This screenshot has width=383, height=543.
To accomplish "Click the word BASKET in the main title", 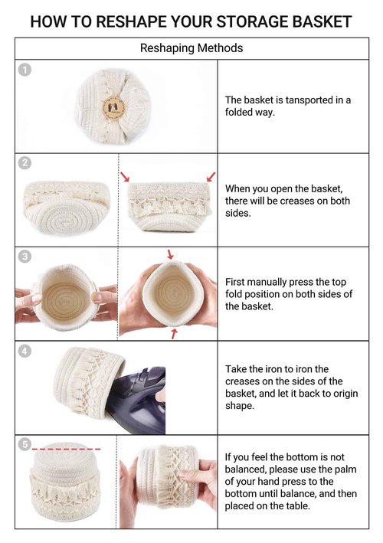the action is tap(322, 21).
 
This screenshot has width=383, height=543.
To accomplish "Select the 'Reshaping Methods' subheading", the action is tap(191, 47).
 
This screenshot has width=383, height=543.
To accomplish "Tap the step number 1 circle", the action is tap(25, 70).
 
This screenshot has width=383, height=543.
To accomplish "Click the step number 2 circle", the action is tap(25, 163).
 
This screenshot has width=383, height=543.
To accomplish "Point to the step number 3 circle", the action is tap(25, 257).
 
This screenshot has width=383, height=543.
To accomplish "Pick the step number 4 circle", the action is tap(25, 351).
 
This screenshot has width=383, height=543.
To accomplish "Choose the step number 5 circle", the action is tap(25, 444).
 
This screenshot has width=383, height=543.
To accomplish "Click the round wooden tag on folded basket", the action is tap(113, 107).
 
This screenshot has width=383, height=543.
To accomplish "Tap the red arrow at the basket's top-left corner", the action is tap(125, 176).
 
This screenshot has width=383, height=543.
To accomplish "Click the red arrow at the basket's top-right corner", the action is tap(211, 177).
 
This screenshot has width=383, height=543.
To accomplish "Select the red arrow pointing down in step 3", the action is tap(170, 254).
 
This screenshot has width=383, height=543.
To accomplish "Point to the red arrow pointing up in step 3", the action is tap(174, 334).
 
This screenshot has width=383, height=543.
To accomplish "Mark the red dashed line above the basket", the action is tap(66, 449).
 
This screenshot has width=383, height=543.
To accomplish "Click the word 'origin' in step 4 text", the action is tap(343, 394).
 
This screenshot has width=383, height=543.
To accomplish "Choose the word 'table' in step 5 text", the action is tap(296, 506).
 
